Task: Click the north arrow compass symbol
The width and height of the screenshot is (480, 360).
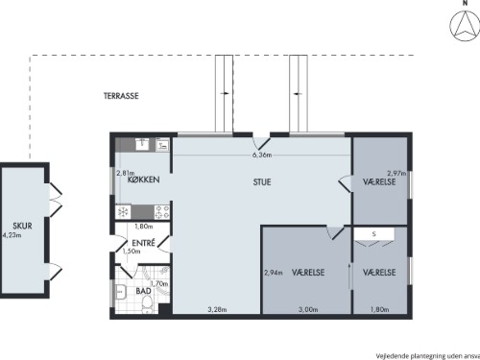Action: click(465, 26)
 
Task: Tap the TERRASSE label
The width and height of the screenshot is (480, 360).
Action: click(121, 96)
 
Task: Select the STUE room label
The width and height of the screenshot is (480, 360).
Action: click(262, 182)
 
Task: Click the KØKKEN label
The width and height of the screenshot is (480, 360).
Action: click(143, 180)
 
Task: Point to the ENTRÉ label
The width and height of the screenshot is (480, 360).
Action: click(143, 243)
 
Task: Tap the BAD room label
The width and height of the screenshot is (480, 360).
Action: click(143, 291)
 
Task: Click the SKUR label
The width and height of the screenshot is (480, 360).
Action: click(22, 226)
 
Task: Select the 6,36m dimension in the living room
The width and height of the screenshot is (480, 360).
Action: click(262, 155)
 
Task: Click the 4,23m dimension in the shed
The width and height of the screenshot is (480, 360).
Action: click(12, 235)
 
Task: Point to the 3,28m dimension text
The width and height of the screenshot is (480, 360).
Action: click(217, 309)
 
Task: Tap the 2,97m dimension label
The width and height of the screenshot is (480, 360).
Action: click(396, 173)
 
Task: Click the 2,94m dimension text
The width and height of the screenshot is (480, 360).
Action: click(274, 273)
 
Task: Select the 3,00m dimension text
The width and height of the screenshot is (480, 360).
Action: click(308, 309)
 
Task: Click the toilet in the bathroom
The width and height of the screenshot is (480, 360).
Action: click(147, 303)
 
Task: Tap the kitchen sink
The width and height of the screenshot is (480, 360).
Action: click(142, 145)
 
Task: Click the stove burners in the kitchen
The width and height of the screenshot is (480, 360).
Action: click(162, 212)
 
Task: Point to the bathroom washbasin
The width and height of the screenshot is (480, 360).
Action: click(120, 292)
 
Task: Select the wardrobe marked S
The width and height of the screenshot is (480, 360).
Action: click(373, 234)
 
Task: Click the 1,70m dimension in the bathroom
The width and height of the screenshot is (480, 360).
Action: click(159, 283)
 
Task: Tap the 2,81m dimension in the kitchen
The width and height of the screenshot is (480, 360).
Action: click(126, 173)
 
